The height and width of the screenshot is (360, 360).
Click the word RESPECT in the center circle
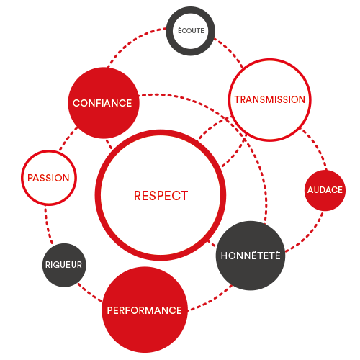pyautogui.click(x=161, y=196)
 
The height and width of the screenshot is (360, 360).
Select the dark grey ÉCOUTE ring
pyautogui.click(x=191, y=11)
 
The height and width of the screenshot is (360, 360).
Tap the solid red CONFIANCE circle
pyautogui.click(x=104, y=103)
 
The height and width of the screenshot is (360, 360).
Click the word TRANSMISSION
pyautogui.click(x=270, y=99)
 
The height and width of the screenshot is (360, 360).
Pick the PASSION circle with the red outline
pyautogui.click(x=49, y=152)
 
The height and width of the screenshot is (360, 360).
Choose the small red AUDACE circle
pyautogui.click(x=325, y=190)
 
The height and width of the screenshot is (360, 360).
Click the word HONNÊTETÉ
pyautogui.click(x=251, y=256)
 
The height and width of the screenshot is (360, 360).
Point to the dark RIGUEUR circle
pyautogui.click(x=64, y=265)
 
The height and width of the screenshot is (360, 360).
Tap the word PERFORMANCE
pyautogui.click(x=145, y=310)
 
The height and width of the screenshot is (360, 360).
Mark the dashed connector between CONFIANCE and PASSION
pyautogui.click(x=68, y=138)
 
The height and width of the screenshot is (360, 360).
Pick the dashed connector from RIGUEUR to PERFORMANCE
pyautogui.click(x=89, y=292)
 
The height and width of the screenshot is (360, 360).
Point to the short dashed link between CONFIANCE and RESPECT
pyautogui.click(x=109, y=144)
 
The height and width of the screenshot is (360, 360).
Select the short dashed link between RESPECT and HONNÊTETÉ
pyautogui.click(x=212, y=243)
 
